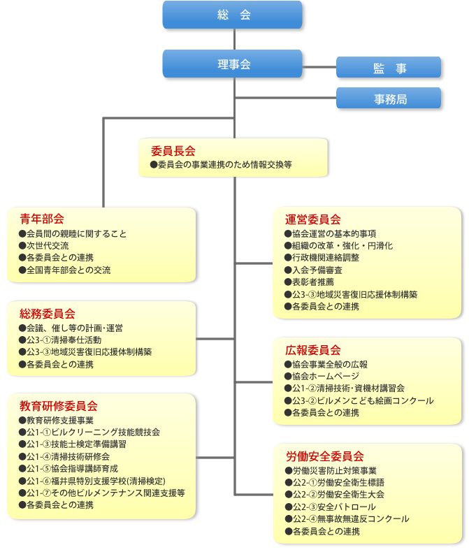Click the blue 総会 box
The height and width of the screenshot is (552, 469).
point(233,15)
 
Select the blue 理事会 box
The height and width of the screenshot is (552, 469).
point(233,64)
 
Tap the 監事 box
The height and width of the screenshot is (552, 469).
point(389,68)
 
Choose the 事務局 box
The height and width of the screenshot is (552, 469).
point(389,99)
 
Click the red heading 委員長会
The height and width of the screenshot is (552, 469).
point(173,150)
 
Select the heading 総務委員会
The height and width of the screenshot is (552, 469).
point(48,313)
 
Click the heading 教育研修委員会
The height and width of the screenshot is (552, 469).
point(58,405)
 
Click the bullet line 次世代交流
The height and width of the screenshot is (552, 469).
point(48,245)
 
